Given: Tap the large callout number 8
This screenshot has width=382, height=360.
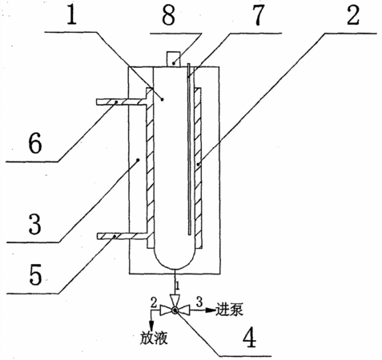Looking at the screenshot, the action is pos(169,14).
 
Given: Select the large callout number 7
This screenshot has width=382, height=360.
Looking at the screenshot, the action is pos(258,14).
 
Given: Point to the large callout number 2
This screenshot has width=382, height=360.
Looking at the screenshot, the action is pos(353,14).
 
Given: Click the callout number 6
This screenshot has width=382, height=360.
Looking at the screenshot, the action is pos(35,142).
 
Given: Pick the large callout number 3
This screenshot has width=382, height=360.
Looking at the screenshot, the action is pos(34,224).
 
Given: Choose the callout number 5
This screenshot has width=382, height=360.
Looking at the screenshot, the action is pos(35,274).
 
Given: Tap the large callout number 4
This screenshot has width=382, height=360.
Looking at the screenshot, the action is pos(249,337).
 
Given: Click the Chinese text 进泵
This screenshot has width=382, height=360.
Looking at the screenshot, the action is pos(229,310).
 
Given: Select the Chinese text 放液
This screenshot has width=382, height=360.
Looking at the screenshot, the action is pos(154,338).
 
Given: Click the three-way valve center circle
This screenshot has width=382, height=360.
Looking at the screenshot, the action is pos(175,310).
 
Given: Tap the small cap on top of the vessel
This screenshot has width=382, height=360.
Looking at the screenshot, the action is pos(173,59).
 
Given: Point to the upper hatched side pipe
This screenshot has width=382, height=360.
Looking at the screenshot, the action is pos(122,102).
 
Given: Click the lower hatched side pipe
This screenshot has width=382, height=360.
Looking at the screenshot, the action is pos(122,236).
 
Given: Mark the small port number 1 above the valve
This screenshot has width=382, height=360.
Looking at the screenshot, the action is pos(178,286).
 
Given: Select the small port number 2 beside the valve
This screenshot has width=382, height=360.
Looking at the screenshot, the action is pos(154,302).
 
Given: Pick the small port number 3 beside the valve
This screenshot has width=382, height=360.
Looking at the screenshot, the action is pos(199,302).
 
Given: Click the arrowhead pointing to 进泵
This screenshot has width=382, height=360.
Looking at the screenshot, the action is pos(211,310).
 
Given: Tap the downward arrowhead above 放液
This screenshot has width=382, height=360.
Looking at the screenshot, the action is pos(151,326).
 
